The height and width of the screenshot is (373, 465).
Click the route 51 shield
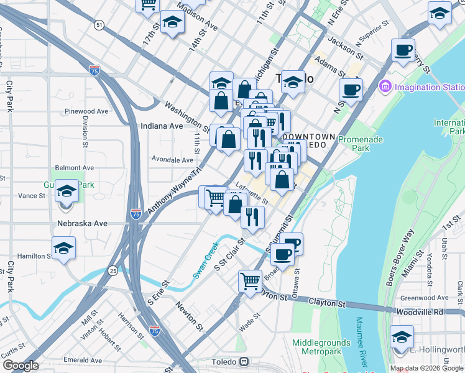pyautogui.click(x=99, y=25)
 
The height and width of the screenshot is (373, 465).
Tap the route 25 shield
pyautogui.click(x=112, y=270)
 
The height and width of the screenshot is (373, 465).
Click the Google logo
pyautogui.click(x=20, y=366)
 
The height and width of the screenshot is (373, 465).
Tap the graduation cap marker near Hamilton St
pyautogui.click(x=63, y=249)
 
